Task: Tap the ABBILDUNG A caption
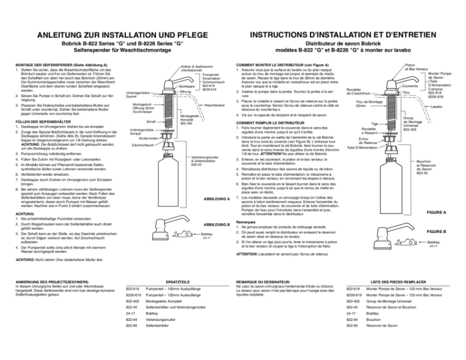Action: pos(217,199)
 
